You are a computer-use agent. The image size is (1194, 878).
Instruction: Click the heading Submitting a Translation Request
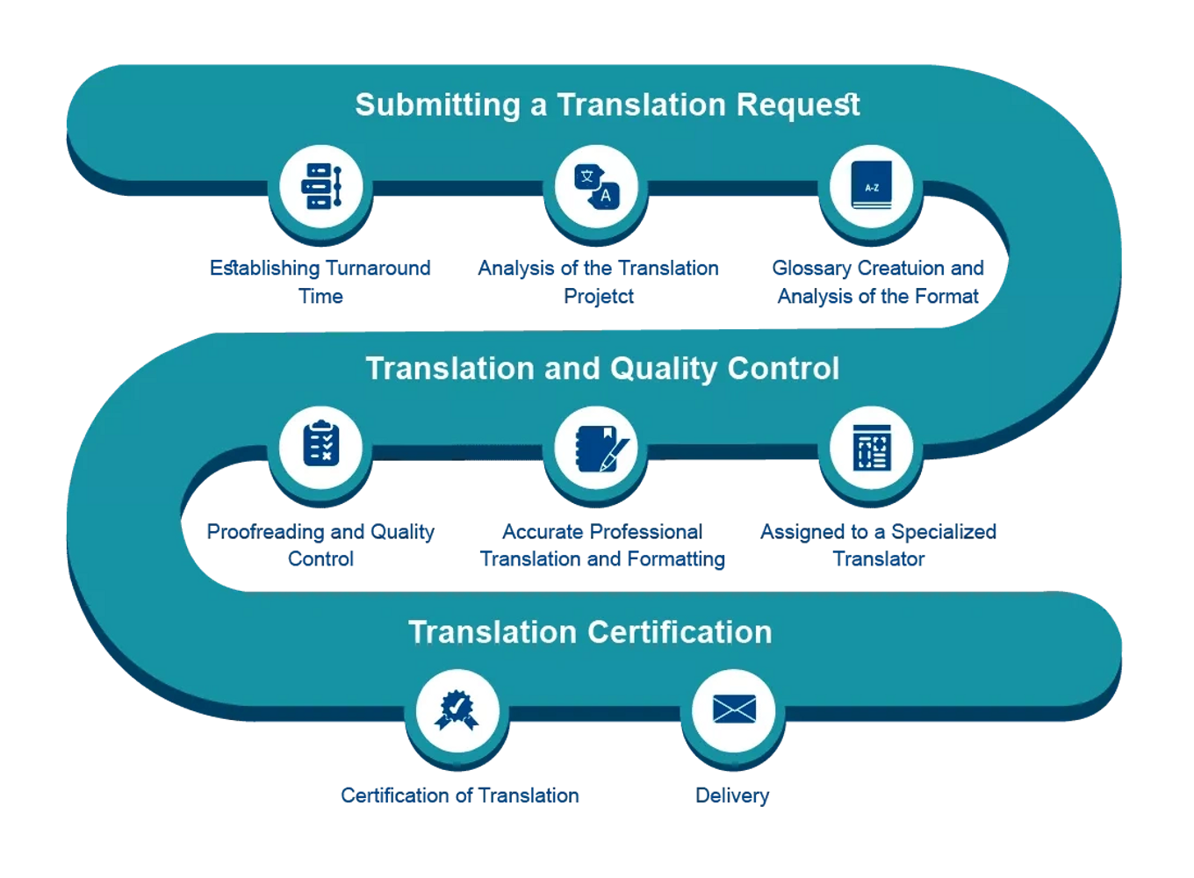coord(608,105)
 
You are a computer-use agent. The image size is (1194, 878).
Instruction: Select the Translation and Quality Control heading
coord(602,369)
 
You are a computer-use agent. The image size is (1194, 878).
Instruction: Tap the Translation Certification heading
coord(590,632)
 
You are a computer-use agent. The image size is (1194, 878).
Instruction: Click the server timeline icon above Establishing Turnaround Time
coord(321,186)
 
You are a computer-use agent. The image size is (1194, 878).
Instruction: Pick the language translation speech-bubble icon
coord(596,187)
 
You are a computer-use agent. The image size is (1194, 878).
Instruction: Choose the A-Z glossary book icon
coord(872,184)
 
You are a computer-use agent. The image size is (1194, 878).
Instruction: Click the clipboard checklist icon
coord(321,443)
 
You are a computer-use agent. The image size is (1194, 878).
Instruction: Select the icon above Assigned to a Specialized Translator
coord(872,447)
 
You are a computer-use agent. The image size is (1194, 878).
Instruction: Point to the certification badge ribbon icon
coord(457,710)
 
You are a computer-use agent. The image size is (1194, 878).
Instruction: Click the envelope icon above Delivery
coord(734,709)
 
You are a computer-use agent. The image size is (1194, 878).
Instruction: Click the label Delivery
coord(732,795)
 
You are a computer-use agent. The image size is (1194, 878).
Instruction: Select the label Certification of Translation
coord(459,795)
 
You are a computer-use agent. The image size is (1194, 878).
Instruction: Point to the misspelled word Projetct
coord(599,297)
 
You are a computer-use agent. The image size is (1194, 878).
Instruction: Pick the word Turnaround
coord(378,268)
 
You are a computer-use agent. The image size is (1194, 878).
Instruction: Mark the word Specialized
coord(944,533)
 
